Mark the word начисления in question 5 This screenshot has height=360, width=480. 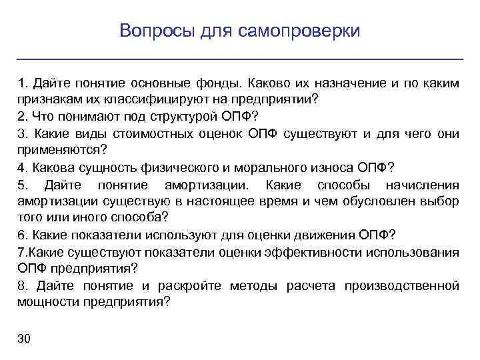coord(425,185)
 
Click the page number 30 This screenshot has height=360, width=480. coord(25,339)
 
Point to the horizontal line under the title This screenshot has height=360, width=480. coord(239,59)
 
